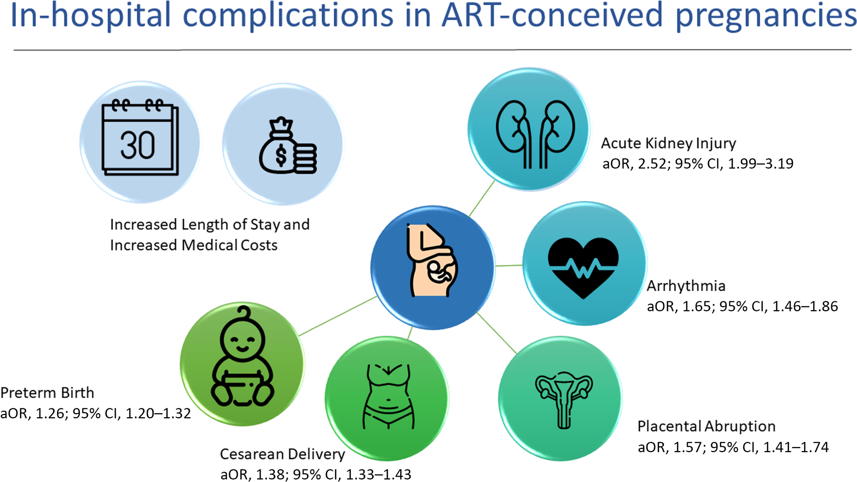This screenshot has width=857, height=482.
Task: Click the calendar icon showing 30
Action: (140, 138)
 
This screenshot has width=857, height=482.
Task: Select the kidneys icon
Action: (535, 134)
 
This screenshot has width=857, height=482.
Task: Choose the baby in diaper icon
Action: (242, 357)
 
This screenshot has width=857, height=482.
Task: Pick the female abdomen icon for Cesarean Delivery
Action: (388, 397)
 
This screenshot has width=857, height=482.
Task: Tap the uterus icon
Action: (563, 399)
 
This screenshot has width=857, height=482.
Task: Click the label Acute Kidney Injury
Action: (668, 143)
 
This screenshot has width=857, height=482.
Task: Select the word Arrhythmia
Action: (686, 286)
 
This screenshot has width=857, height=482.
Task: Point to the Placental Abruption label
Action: (706, 426)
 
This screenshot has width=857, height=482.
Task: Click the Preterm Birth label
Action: (47, 393)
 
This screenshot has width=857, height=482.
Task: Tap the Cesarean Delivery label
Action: (282, 454)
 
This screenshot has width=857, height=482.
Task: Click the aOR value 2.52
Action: (652, 164)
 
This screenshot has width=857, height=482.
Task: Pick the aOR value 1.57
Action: (688, 447)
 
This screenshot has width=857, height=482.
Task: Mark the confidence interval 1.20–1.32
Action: (158, 414)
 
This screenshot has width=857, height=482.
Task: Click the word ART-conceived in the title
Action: (552, 15)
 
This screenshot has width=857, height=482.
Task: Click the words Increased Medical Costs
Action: (194, 245)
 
